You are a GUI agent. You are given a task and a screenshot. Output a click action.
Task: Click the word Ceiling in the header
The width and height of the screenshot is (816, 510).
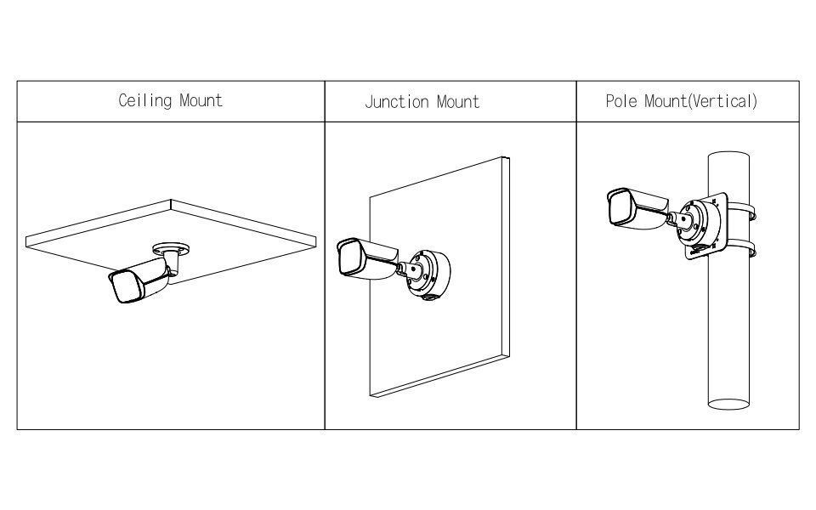pos(144,100)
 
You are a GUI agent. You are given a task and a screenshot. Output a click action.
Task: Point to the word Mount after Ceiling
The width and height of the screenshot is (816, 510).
pos(201,100)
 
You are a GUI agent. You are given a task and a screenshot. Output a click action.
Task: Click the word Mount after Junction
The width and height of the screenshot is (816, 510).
pos(457,101)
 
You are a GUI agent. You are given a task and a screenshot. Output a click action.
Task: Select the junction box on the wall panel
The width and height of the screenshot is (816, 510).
pos(428,275)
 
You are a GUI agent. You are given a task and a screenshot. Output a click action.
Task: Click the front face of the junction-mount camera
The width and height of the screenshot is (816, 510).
pos(348,258)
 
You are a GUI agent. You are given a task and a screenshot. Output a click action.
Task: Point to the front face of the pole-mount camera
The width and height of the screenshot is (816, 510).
pos(620,207)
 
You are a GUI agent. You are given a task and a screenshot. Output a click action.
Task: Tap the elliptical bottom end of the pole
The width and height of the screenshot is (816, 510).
pos(728,404)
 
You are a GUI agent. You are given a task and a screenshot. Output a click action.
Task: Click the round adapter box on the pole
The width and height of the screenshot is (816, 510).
pos(700,224)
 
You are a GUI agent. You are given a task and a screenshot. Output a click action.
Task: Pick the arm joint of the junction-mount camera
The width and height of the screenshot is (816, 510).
pos(406,269)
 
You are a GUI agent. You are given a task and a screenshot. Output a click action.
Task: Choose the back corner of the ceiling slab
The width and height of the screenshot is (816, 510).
pos(171,201)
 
